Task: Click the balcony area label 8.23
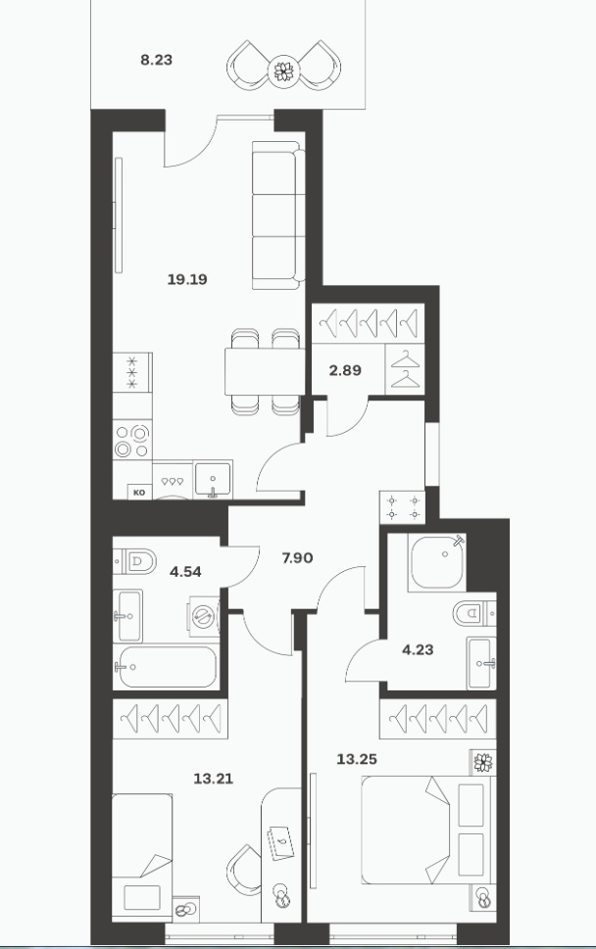tap(156, 60)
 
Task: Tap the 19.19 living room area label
tap(188, 279)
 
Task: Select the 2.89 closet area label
tap(345, 370)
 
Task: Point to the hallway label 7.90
tap(297, 557)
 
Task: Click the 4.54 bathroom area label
tap(185, 571)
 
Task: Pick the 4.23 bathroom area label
tap(418, 650)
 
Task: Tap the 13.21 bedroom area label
tap(213, 779)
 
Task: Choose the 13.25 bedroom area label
tap(357, 759)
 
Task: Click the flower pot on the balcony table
tap(284, 71)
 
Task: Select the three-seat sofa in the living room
tap(278, 215)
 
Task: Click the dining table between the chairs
tap(264, 371)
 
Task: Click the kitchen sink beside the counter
tap(212, 480)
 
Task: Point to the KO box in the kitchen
tap(139, 492)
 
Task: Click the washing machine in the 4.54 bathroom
tap(204, 616)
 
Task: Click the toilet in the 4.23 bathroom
tap(474, 614)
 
